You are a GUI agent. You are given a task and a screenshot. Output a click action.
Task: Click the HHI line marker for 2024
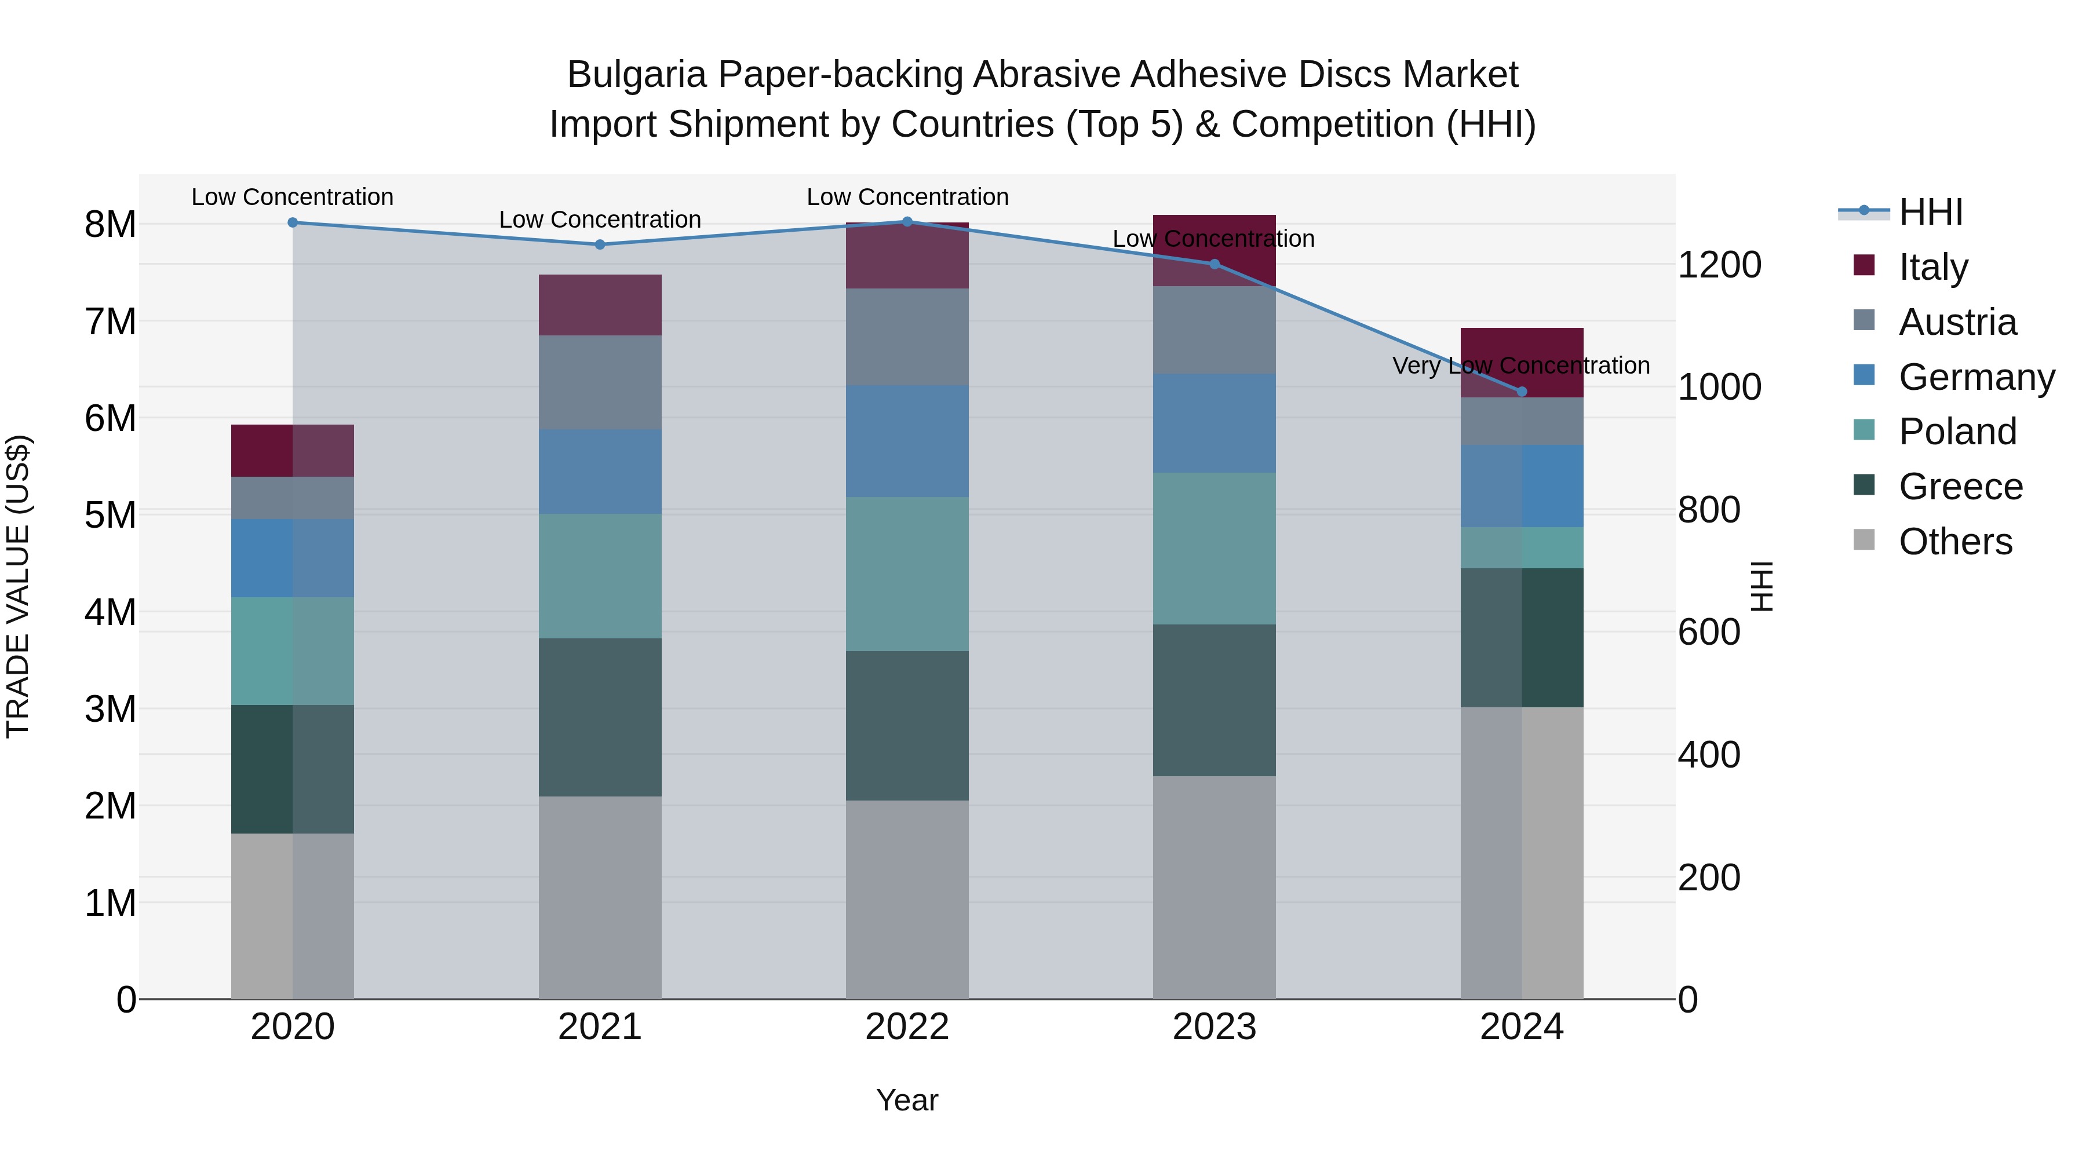[1522, 392]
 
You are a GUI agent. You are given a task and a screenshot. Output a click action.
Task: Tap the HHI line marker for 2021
[600, 244]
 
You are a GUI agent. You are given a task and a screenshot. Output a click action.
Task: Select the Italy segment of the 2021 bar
[600, 305]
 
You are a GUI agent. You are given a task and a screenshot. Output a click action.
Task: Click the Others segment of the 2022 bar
[907, 900]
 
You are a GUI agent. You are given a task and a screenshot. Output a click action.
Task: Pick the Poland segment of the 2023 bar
[1214, 549]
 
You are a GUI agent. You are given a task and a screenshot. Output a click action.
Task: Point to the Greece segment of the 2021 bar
[600, 717]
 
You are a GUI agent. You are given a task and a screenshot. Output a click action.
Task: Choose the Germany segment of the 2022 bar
[907, 441]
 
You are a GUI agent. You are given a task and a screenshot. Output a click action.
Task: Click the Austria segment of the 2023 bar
[1214, 330]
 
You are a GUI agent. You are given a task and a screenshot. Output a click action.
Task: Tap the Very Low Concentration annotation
[1521, 366]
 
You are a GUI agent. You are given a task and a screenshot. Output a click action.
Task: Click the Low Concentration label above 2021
[600, 220]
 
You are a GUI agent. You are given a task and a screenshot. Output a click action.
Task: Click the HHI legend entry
[1931, 212]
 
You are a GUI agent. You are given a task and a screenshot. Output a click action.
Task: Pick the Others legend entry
[1955, 542]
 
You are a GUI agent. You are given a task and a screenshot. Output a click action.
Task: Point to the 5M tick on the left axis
[111, 516]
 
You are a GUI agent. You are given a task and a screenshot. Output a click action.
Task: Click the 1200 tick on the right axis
[1719, 265]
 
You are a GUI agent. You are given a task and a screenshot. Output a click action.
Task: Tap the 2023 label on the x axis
[1214, 1027]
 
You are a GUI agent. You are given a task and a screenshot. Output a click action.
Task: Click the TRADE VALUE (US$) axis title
[18, 586]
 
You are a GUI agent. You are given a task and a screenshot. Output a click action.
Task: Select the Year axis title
[907, 1100]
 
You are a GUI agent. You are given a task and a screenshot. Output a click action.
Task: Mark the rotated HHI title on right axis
[1762, 586]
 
